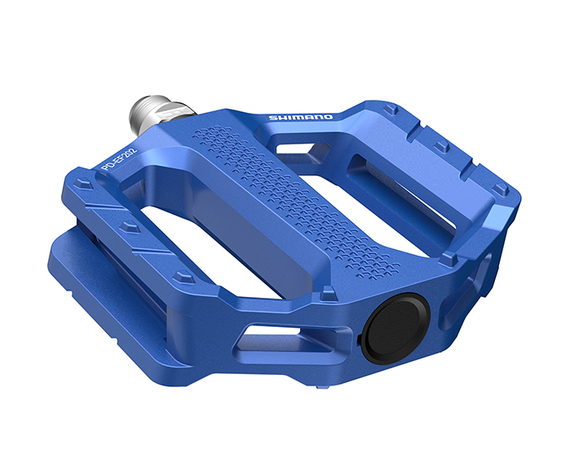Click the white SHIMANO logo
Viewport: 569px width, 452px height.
(300, 118)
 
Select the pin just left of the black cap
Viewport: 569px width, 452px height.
(328, 291)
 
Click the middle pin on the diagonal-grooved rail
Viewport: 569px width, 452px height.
(128, 228)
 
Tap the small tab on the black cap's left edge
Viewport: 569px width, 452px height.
(363, 332)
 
